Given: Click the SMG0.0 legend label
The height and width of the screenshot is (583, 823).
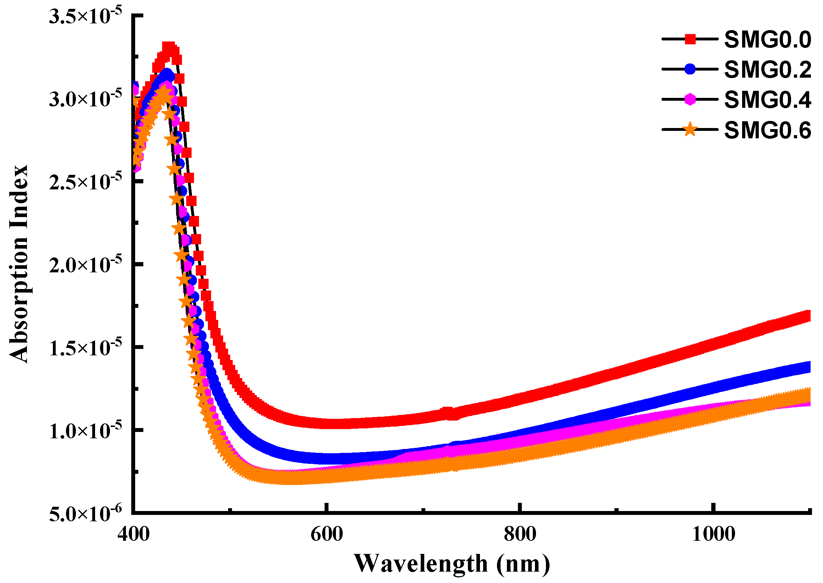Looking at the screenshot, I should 767,39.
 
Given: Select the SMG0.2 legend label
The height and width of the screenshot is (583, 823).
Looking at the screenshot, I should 767,70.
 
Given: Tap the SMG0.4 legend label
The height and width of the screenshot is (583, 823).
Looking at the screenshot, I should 767,100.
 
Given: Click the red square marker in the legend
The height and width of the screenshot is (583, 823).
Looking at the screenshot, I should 690,39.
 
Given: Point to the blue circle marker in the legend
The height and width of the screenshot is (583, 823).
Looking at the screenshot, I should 690,69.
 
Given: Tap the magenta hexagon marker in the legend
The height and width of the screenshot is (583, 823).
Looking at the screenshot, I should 690,99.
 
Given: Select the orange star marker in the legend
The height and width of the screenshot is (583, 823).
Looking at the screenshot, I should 690,129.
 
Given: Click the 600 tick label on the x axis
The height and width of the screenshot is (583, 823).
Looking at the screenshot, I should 326,534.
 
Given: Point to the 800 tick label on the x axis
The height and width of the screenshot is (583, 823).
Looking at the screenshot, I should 520,534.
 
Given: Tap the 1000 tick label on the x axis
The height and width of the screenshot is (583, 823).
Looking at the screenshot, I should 713,534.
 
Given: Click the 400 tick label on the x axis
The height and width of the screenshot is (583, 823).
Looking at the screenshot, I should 133,534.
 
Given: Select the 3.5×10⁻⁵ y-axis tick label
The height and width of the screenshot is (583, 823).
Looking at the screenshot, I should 85,16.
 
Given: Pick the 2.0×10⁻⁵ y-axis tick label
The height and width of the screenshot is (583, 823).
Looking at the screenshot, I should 85,265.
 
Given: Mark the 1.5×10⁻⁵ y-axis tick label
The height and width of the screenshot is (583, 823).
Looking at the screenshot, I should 85,348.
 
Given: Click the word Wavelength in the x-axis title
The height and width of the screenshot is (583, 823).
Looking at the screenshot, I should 420,563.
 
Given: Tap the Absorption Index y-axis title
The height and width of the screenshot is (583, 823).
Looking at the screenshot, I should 19,264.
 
